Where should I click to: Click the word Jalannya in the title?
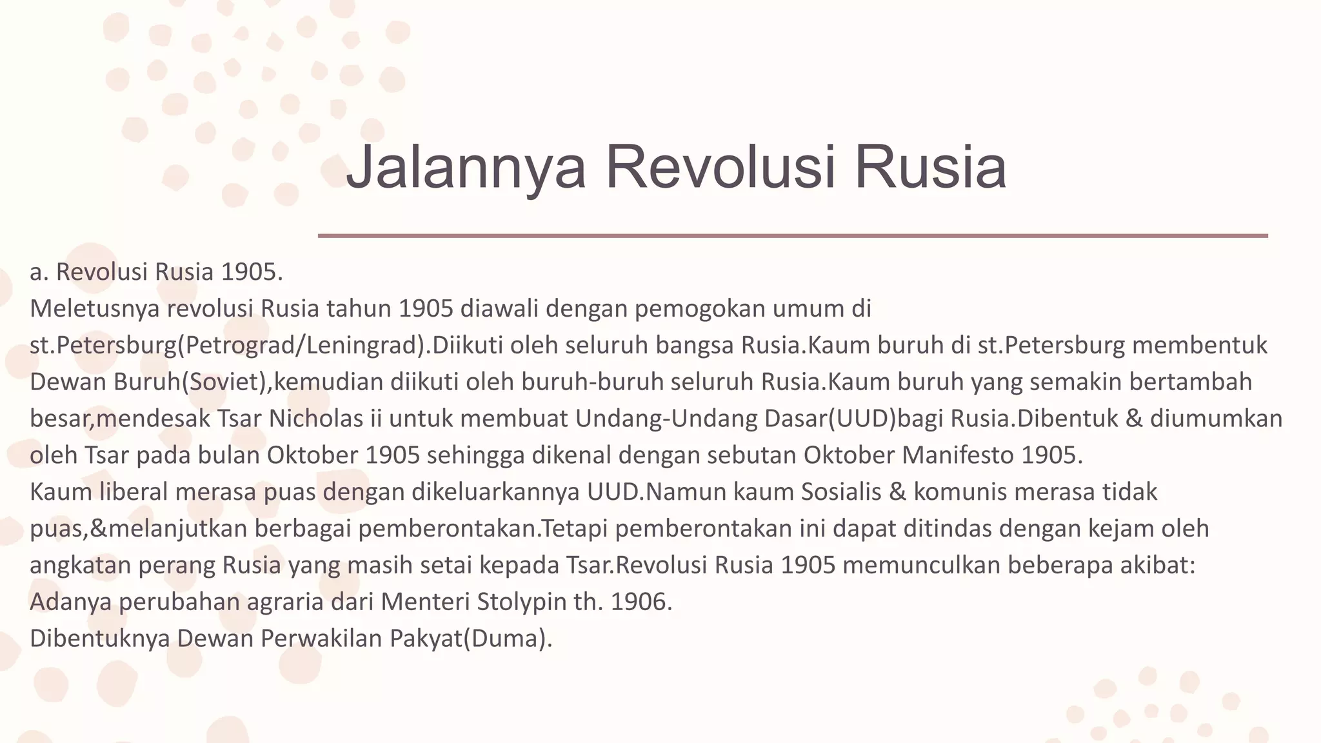pos(466,166)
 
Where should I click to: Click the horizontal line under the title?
pos(793,236)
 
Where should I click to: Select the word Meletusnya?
pos(94,309)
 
